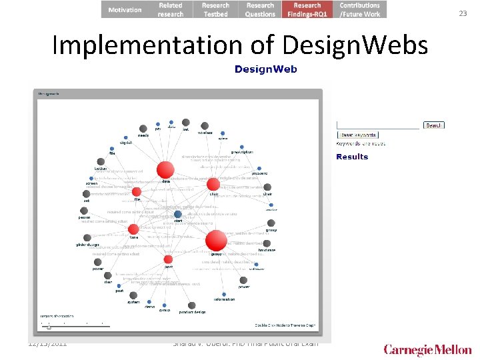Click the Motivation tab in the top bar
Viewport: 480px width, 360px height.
[125, 9]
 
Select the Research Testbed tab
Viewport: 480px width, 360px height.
[215, 9]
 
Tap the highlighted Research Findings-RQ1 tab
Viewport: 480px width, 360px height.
[307, 9]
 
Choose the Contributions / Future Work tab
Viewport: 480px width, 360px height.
[359, 9]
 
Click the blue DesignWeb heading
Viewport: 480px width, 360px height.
[265, 69]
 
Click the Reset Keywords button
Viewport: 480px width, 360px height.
[357, 134]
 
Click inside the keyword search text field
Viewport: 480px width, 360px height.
[377, 125]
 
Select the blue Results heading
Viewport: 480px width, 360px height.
[352, 157]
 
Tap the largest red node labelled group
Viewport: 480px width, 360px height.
[216, 241]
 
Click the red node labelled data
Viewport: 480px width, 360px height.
[165, 170]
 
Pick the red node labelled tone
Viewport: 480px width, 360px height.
[133, 229]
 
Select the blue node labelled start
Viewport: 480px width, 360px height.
[178, 215]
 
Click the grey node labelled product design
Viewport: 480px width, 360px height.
[191, 305]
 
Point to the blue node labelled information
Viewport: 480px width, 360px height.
[224, 294]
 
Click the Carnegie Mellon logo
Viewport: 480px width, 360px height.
[427, 349]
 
